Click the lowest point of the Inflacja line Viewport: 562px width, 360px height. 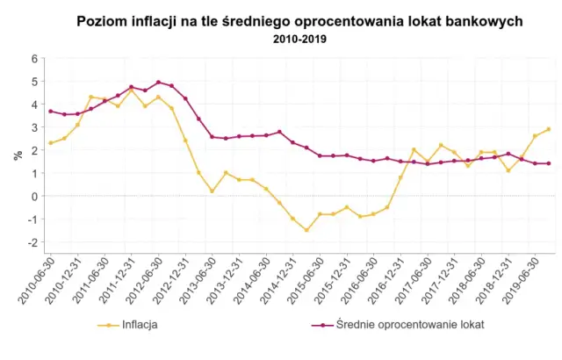click(x=306, y=230)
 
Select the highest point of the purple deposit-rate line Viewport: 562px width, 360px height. click(x=158, y=83)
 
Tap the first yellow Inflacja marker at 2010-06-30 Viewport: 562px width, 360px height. click(x=51, y=143)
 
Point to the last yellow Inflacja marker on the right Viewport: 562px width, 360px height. click(x=549, y=129)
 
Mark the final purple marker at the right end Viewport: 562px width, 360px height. click(x=549, y=163)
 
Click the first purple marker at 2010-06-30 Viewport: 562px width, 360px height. click(x=51, y=112)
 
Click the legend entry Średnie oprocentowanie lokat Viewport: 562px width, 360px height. click(x=396, y=324)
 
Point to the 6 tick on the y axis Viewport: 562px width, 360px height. click(x=34, y=59)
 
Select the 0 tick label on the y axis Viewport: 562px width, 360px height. click(x=34, y=197)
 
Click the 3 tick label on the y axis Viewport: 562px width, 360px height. click(x=34, y=127)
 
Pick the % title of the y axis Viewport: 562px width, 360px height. click(x=17, y=155)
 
